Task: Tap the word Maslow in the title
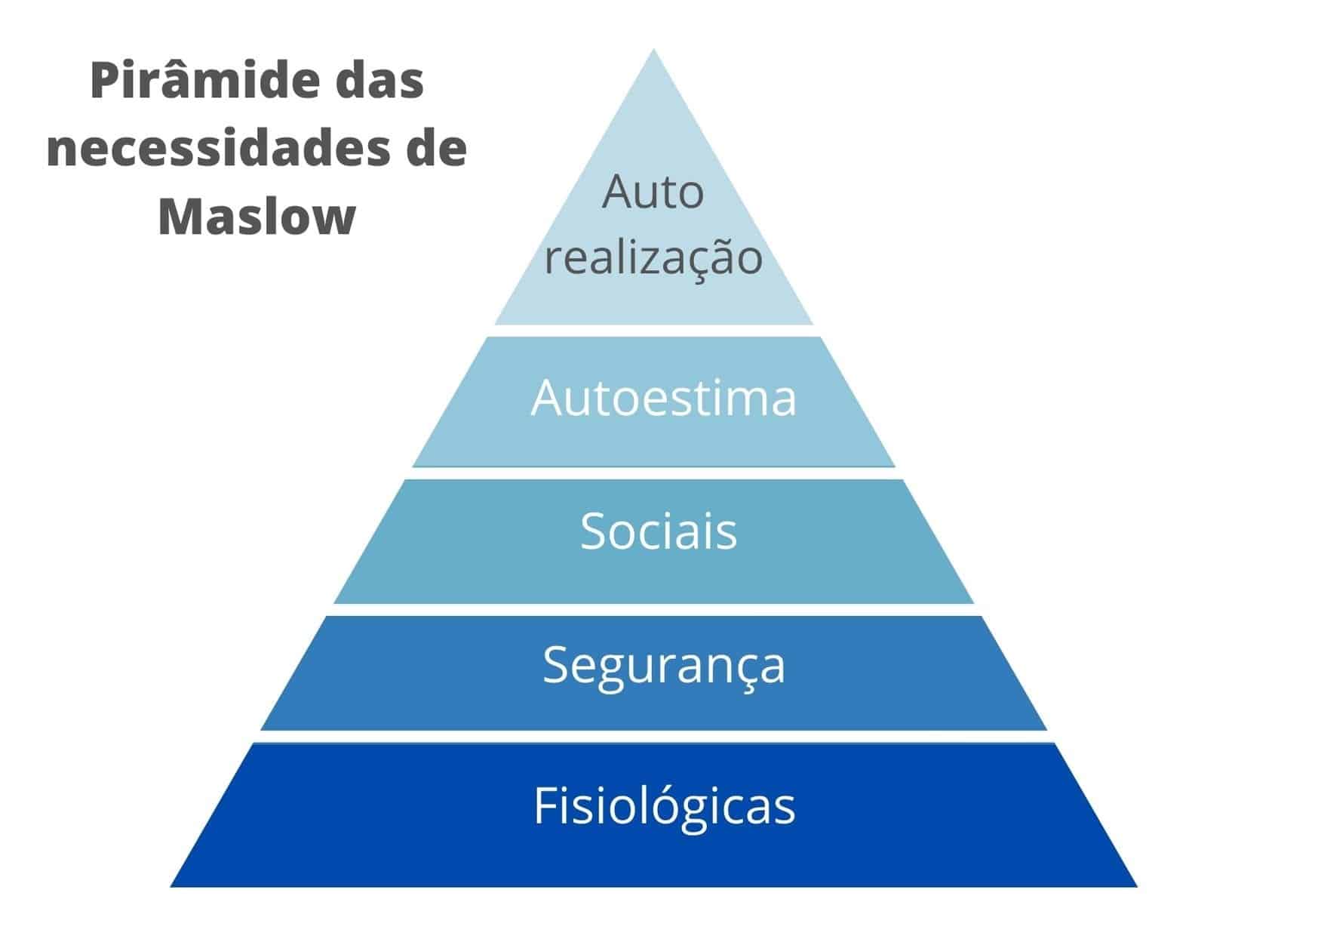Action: coord(257,217)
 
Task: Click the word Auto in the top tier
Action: coord(653,192)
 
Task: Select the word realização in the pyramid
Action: coord(653,257)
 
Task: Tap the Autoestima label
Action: coord(663,398)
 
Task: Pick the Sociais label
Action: coord(658,531)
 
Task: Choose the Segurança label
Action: coord(664,665)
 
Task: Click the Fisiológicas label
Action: coord(664,805)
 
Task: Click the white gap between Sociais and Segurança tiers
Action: coord(653,610)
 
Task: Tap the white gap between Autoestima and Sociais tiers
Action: coord(653,473)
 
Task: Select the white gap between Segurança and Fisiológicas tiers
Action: coord(653,737)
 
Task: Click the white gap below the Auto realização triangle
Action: coord(653,331)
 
